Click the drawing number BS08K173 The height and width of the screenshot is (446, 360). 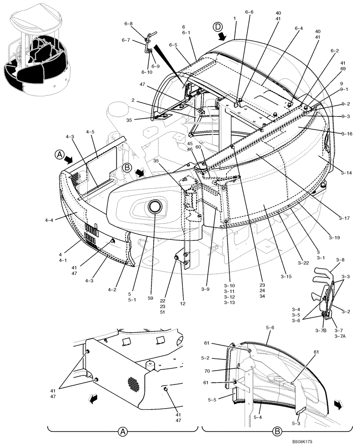(x=338, y=441)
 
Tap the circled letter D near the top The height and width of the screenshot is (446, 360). (x=218, y=27)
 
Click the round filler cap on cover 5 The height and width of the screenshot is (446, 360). (x=155, y=206)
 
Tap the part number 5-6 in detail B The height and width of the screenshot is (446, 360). (x=270, y=327)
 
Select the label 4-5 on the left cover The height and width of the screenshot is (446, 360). (x=90, y=132)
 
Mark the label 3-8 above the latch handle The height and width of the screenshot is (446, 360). (x=340, y=259)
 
